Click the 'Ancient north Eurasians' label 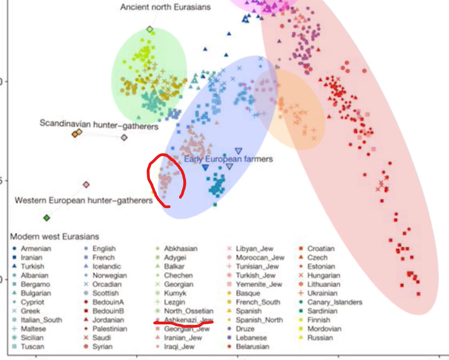point(165,7)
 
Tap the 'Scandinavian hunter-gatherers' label point(98,124)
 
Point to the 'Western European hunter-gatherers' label point(84,201)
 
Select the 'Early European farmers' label point(228,159)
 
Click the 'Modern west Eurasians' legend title point(54,237)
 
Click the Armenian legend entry point(36,248)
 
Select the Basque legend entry point(248,293)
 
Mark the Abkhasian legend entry point(180,248)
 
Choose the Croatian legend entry point(321,248)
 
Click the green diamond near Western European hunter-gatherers point(46,218)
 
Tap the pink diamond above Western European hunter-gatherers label point(86,185)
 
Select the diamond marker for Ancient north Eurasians point(150,30)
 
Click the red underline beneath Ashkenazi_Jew point(184,322)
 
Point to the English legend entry point(104,248)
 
